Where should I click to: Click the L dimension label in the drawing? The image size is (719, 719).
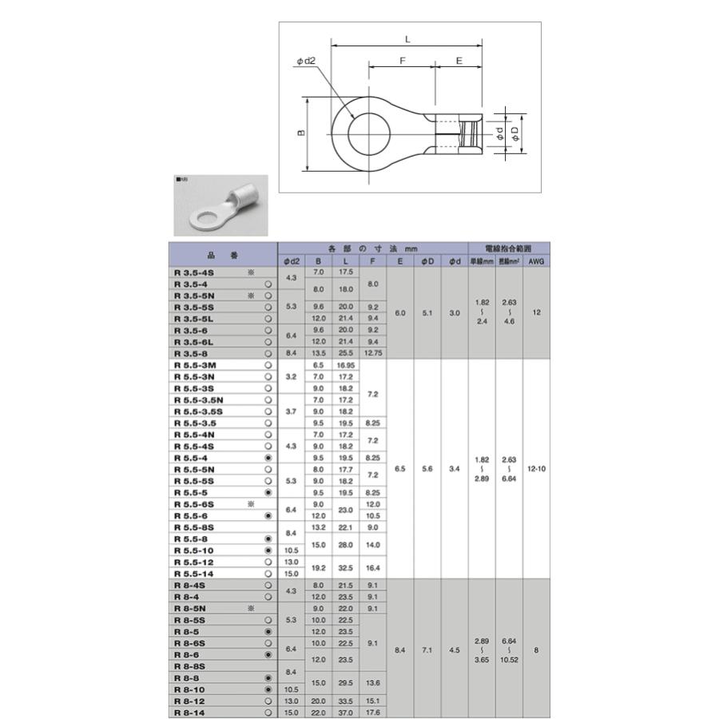point(407,38)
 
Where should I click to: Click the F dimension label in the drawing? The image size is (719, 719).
point(403,60)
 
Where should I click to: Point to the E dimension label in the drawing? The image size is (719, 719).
point(459,60)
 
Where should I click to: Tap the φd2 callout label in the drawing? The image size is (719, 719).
point(306,60)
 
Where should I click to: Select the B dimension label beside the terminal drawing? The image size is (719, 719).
point(302,133)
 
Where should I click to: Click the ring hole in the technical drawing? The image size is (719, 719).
point(368,133)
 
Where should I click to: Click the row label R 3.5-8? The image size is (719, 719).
point(191,352)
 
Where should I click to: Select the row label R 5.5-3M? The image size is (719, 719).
point(196,364)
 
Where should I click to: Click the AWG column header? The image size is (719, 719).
point(536,261)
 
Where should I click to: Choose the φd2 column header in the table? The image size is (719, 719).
point(292,261)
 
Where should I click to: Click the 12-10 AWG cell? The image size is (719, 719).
point(536,469)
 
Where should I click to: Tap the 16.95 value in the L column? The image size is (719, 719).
point(345,364)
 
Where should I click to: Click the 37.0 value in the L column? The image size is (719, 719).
point(345,713)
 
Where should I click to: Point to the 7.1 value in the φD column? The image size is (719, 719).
point(427,650)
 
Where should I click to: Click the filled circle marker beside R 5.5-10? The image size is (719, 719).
point(268,550)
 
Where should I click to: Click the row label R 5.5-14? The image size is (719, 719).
point(194,574)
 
